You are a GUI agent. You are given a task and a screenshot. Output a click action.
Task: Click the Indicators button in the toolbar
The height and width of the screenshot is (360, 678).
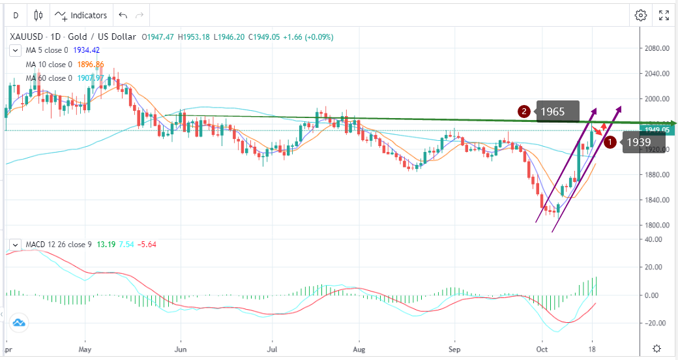(x=81, y=15)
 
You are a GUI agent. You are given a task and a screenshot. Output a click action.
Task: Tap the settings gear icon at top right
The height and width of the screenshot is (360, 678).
(x=641, y=15)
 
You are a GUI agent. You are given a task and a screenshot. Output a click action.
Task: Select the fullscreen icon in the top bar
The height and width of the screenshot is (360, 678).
(x=664, y=15)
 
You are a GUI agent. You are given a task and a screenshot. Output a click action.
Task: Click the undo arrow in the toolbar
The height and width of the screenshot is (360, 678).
(x=122, y=15)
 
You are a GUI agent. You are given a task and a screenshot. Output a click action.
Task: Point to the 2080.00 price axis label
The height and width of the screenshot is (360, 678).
(x=656, y=48)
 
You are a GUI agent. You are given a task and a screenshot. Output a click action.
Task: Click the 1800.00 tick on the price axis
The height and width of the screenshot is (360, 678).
(x=656, y=225)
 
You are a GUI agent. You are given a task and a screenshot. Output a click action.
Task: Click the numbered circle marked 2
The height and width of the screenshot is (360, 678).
(x=523, y=112)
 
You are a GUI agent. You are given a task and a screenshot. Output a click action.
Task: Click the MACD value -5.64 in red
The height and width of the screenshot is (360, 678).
(x=145, y=245)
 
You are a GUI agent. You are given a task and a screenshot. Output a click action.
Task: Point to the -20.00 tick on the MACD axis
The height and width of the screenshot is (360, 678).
(x=656, y=323)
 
